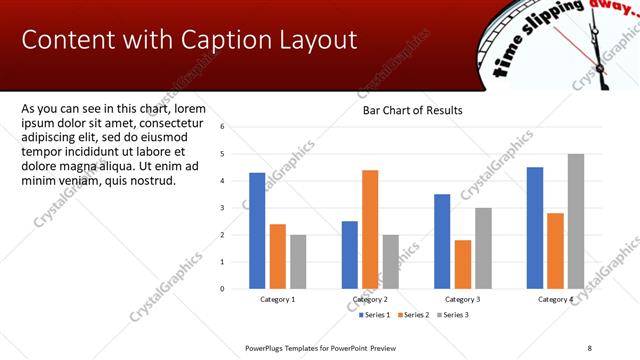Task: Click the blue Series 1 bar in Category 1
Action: coord(257,230)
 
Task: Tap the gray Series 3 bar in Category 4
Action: coord(575,221)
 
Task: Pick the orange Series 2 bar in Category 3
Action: coord(463,264)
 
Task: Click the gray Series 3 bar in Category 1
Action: coord(298,261)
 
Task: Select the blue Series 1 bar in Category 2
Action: coord(350,254)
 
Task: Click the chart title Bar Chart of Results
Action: coord(412,110)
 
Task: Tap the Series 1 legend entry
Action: coord(375,315)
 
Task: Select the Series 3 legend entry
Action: coord(450,315)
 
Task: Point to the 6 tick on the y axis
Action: coord(236,127)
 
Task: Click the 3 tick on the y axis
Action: coord(236,208)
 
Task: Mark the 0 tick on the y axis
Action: coord(236,289)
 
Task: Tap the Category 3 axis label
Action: coord(463,299)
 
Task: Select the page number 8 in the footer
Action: coord(589,348)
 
